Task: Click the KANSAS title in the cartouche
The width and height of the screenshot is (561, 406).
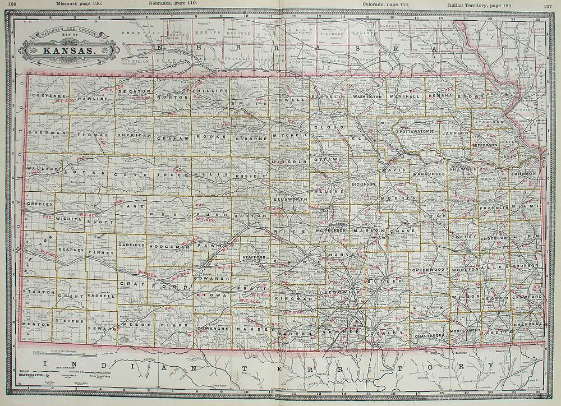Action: [70, 52]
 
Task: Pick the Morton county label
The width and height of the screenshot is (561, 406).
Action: [33, 325]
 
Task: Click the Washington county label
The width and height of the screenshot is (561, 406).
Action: [367, 97]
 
